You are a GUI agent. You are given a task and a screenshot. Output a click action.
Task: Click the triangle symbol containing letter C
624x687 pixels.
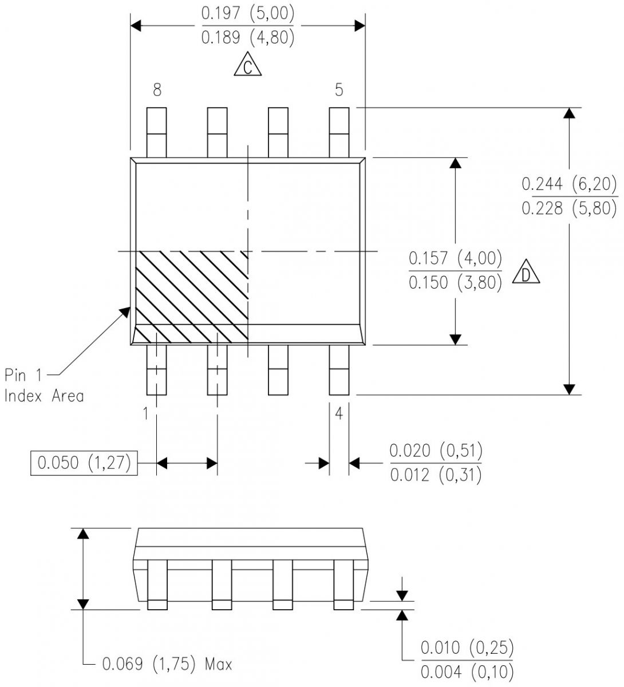coord(247,66)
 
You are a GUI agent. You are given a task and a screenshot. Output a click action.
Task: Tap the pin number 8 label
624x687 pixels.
coord(157,90)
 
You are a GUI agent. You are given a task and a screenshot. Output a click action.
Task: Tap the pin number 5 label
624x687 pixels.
coord(339,90)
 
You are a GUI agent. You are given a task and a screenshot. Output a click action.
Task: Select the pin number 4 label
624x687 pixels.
coord(339,413)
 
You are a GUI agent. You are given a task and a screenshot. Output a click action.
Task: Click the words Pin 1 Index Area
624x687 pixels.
coord(44,385)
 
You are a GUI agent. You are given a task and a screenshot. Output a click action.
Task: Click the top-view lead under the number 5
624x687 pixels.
coord(339,132)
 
